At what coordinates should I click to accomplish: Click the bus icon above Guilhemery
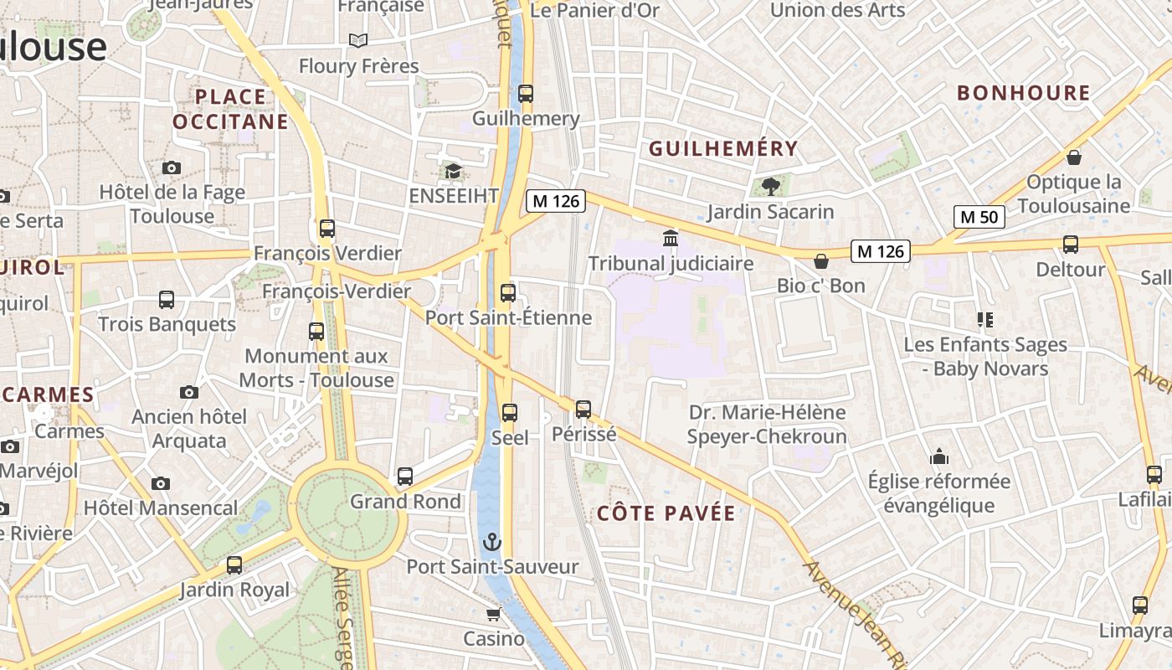pos(526,94)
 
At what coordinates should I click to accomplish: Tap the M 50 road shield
pos(979,217)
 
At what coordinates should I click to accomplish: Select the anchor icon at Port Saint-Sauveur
pos(492,542)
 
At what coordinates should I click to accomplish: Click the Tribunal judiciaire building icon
pos(670,239)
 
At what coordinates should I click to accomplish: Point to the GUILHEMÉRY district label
pos(723,149)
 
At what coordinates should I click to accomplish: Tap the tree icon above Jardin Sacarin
pos(770,187)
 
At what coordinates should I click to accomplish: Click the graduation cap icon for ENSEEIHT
pos(453,172)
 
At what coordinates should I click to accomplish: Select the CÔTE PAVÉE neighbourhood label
pos(666,513)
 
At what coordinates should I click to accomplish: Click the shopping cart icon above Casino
pos(493,615)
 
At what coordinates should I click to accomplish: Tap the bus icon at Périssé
pos(583,410)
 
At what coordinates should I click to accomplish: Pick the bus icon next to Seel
pos(509,412)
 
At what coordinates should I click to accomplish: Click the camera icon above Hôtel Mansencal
pos(161,483)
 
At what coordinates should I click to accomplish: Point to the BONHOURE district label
pos(1023,93)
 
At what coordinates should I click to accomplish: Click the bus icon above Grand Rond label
pos(405,477)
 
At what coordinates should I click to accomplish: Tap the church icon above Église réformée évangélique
pos(939,456)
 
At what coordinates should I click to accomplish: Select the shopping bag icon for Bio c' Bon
pos(821,261)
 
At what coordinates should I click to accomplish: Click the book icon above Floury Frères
pos(358,40)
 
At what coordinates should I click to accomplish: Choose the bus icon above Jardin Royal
pos(234,565)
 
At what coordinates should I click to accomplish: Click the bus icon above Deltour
pos(1070,245)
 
